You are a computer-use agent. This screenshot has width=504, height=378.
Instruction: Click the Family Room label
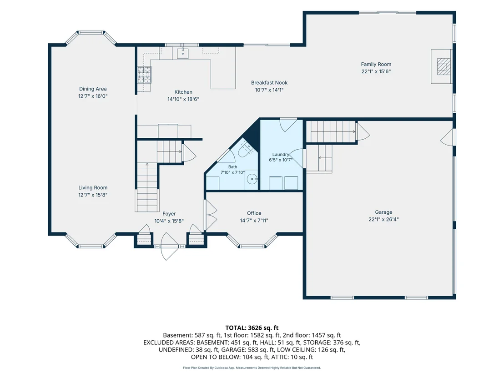coord(376,64)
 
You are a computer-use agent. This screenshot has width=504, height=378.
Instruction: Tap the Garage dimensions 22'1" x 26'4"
coord(383,220)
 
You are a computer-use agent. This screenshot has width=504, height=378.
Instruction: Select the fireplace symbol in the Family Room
coord(444,66)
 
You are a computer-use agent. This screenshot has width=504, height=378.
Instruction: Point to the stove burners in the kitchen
coord(144,75)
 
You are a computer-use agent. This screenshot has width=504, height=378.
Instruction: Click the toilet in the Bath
coord(247,149)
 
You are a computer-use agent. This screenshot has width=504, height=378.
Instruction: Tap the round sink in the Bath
coord(252,179)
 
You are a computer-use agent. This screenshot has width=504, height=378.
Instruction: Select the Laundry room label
coord(281,155)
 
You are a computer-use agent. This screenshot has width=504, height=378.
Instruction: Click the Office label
coord(254,213)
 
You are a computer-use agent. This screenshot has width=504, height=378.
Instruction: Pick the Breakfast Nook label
coord(269,83)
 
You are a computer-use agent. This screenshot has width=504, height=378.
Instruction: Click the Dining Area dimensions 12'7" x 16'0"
coord(93,96)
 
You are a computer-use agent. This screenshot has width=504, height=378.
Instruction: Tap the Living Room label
coord(93,188)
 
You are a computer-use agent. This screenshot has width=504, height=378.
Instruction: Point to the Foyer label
coord(169,214)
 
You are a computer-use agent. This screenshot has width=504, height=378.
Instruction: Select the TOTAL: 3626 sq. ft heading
coord(252,328)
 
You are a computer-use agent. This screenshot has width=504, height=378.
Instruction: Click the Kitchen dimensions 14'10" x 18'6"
coord(183,99)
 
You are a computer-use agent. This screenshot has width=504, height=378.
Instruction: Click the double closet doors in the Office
coord(211,215)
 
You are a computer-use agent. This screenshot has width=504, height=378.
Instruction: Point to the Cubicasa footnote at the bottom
coord(252,368)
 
